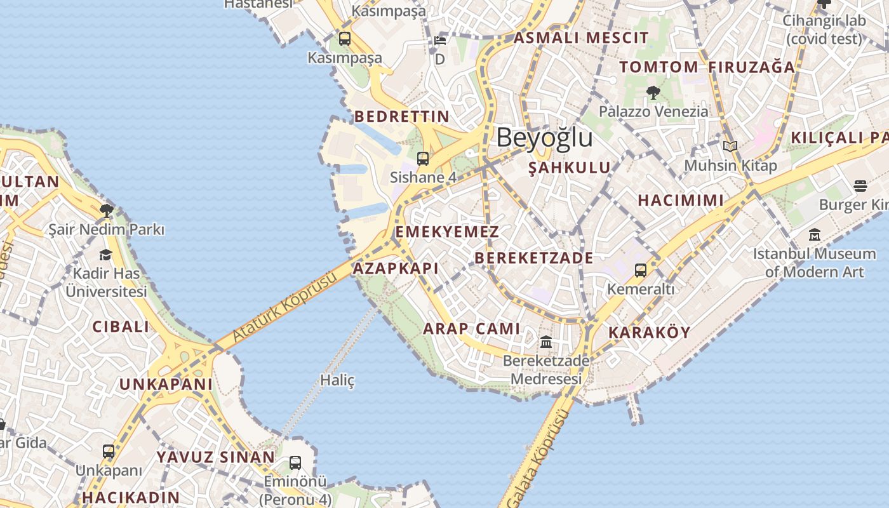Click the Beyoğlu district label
pyautogui.click(x=544, y=138)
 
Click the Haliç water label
pyautogui.click(x=337, y=380)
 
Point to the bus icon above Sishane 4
pyautogui.click(x=423, y=159)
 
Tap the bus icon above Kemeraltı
pyautogui.click(x=641, y=271)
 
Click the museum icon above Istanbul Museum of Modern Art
pyautogui.click(x=815, y=235)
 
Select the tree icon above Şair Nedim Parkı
pyautogui.click(x=107, y=210)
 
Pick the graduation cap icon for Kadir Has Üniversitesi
pyautogui.click(x=105, y=255)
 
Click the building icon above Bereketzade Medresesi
pyautogui.click(x=546, y=343)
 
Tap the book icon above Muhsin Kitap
pyautogui.click(x=730, y=147)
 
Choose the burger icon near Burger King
pyautogui.click(x=860, y=186)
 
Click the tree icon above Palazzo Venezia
pyautogui.click(x=653, y=93)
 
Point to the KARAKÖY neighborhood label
pyautogui.click(x=649, y=333)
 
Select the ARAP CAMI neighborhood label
pyautogui.click(x=472, y=329)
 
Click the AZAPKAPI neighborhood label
pyautogui.click(x=396, y=269)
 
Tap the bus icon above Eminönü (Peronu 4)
pyautogui.click(x=295, y=463)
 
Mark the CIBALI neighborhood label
pyautogui.click(x=121, y=327)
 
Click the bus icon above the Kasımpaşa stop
pyautogui.click(x=345, y=39)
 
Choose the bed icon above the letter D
pyautogui.click(x=440, y=41)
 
